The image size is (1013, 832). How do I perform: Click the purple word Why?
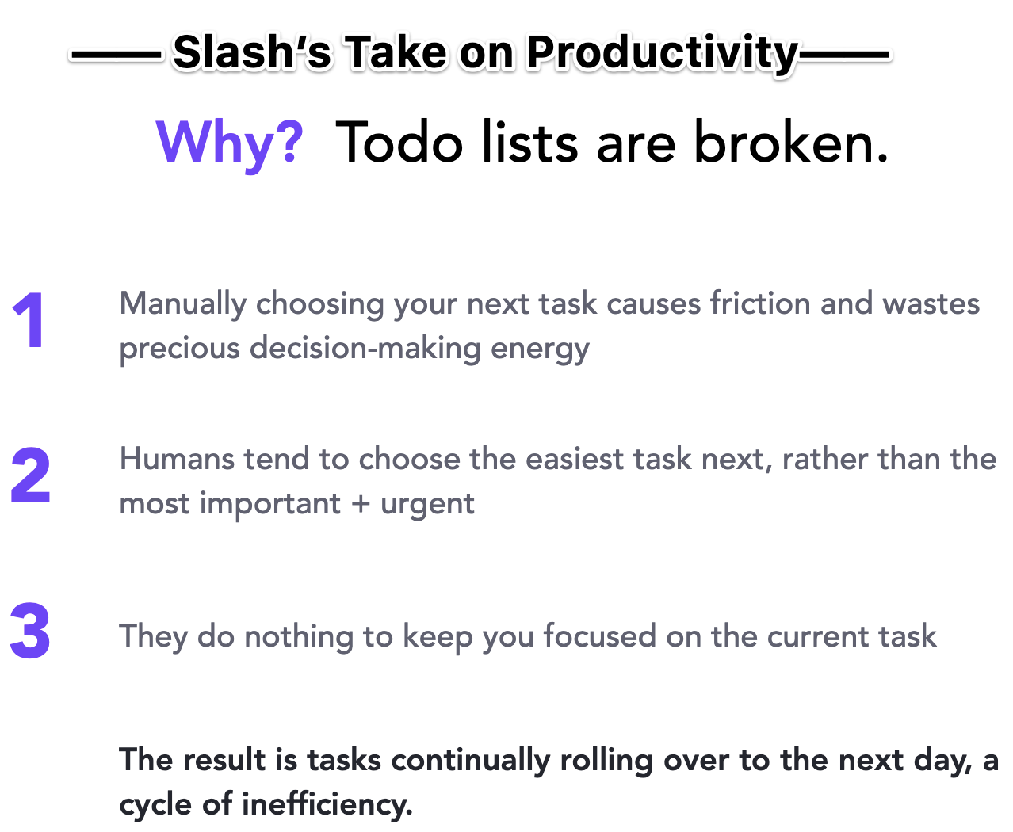tap(229, 144)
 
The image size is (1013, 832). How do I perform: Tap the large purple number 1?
tap(30, 320)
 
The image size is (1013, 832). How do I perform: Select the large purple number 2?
tap(30, 475)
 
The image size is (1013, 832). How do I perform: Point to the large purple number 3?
tap(30, 631)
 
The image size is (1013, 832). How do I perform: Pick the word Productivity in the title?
tap(663, 54)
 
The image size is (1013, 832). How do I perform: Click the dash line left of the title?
tap(116, 55)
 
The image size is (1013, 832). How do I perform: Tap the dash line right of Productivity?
tap(843, 55)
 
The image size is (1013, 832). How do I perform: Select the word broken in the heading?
tap(791, 142)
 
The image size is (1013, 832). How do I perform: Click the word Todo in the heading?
tap(399, 142)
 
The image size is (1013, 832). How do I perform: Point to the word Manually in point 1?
tap(183, 305)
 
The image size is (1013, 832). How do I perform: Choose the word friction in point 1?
tap(760, 303)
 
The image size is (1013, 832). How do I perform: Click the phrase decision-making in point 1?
tap(365, 349)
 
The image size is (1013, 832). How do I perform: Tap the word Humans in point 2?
tap(177, 459)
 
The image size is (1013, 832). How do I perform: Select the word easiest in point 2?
tap(575, 459)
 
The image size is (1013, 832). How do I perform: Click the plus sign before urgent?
tap(360, 504)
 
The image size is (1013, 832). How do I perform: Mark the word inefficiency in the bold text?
tap(327, 804)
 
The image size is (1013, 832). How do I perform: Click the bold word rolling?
tap(606, 761)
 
